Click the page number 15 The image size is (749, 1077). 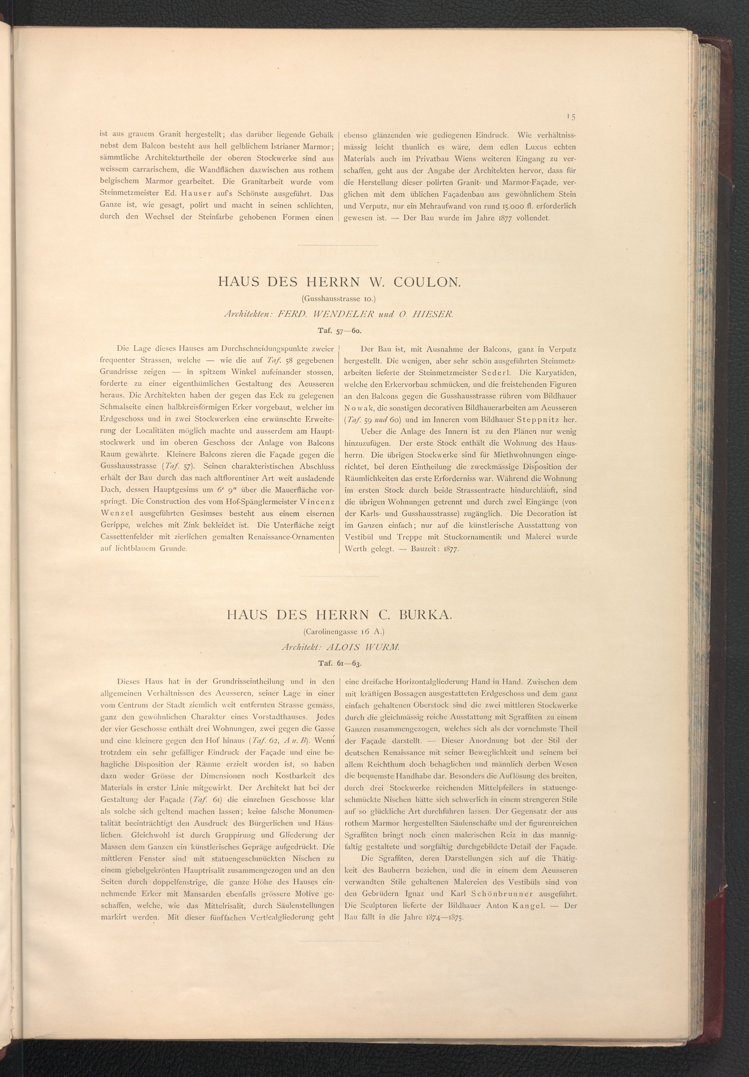[571, 117]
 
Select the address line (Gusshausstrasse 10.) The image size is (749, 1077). [339, 298]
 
